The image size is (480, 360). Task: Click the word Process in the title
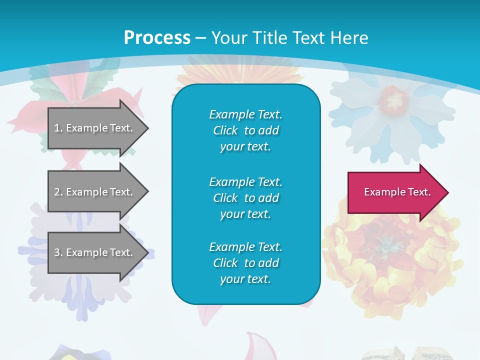pyautogui.click(x=157, y=38)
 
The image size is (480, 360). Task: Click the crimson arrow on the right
pyautogui.click(x=395, y=192)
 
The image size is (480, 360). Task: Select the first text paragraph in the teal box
pyautogui.click(x=245, y=130)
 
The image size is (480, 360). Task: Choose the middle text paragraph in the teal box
pyautogui.click(x=245, y=198)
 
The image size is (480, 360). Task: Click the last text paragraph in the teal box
pyautogui.click(x=245, y=263)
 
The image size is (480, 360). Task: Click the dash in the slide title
pyautogui.click(x=200, y=38)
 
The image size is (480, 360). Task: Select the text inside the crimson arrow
pyautogui.click(x=397, y=192)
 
